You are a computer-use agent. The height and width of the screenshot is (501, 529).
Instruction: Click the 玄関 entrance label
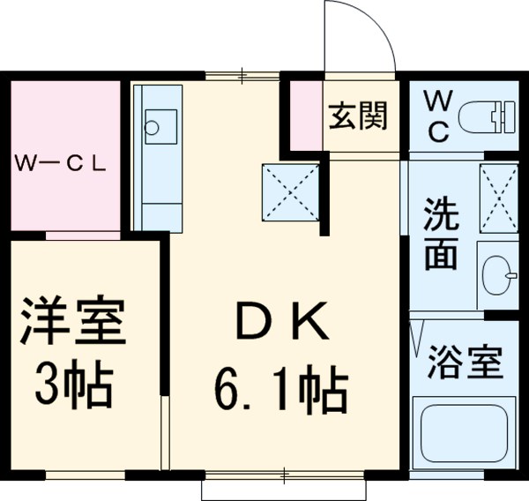(358, 117)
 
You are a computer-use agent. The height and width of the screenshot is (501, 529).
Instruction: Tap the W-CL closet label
(60, 163)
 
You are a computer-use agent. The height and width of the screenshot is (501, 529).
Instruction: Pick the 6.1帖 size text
(279, 392)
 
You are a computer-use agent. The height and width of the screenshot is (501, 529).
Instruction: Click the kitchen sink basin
(154, 123)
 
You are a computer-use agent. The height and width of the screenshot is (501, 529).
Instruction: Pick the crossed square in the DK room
(291, 192)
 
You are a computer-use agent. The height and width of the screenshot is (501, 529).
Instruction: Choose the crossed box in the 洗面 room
(498, 198)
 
